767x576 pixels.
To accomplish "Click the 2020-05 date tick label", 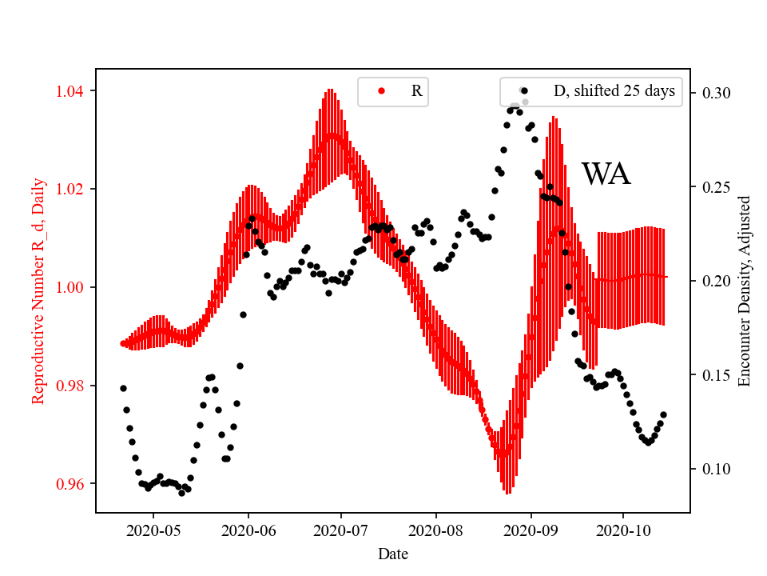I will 153,530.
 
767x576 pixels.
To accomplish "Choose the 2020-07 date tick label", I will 341,530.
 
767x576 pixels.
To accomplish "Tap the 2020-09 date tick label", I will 531,530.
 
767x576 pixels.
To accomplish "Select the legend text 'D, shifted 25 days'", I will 614,91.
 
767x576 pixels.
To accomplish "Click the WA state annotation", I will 606,174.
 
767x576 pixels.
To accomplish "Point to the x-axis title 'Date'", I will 393,553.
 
